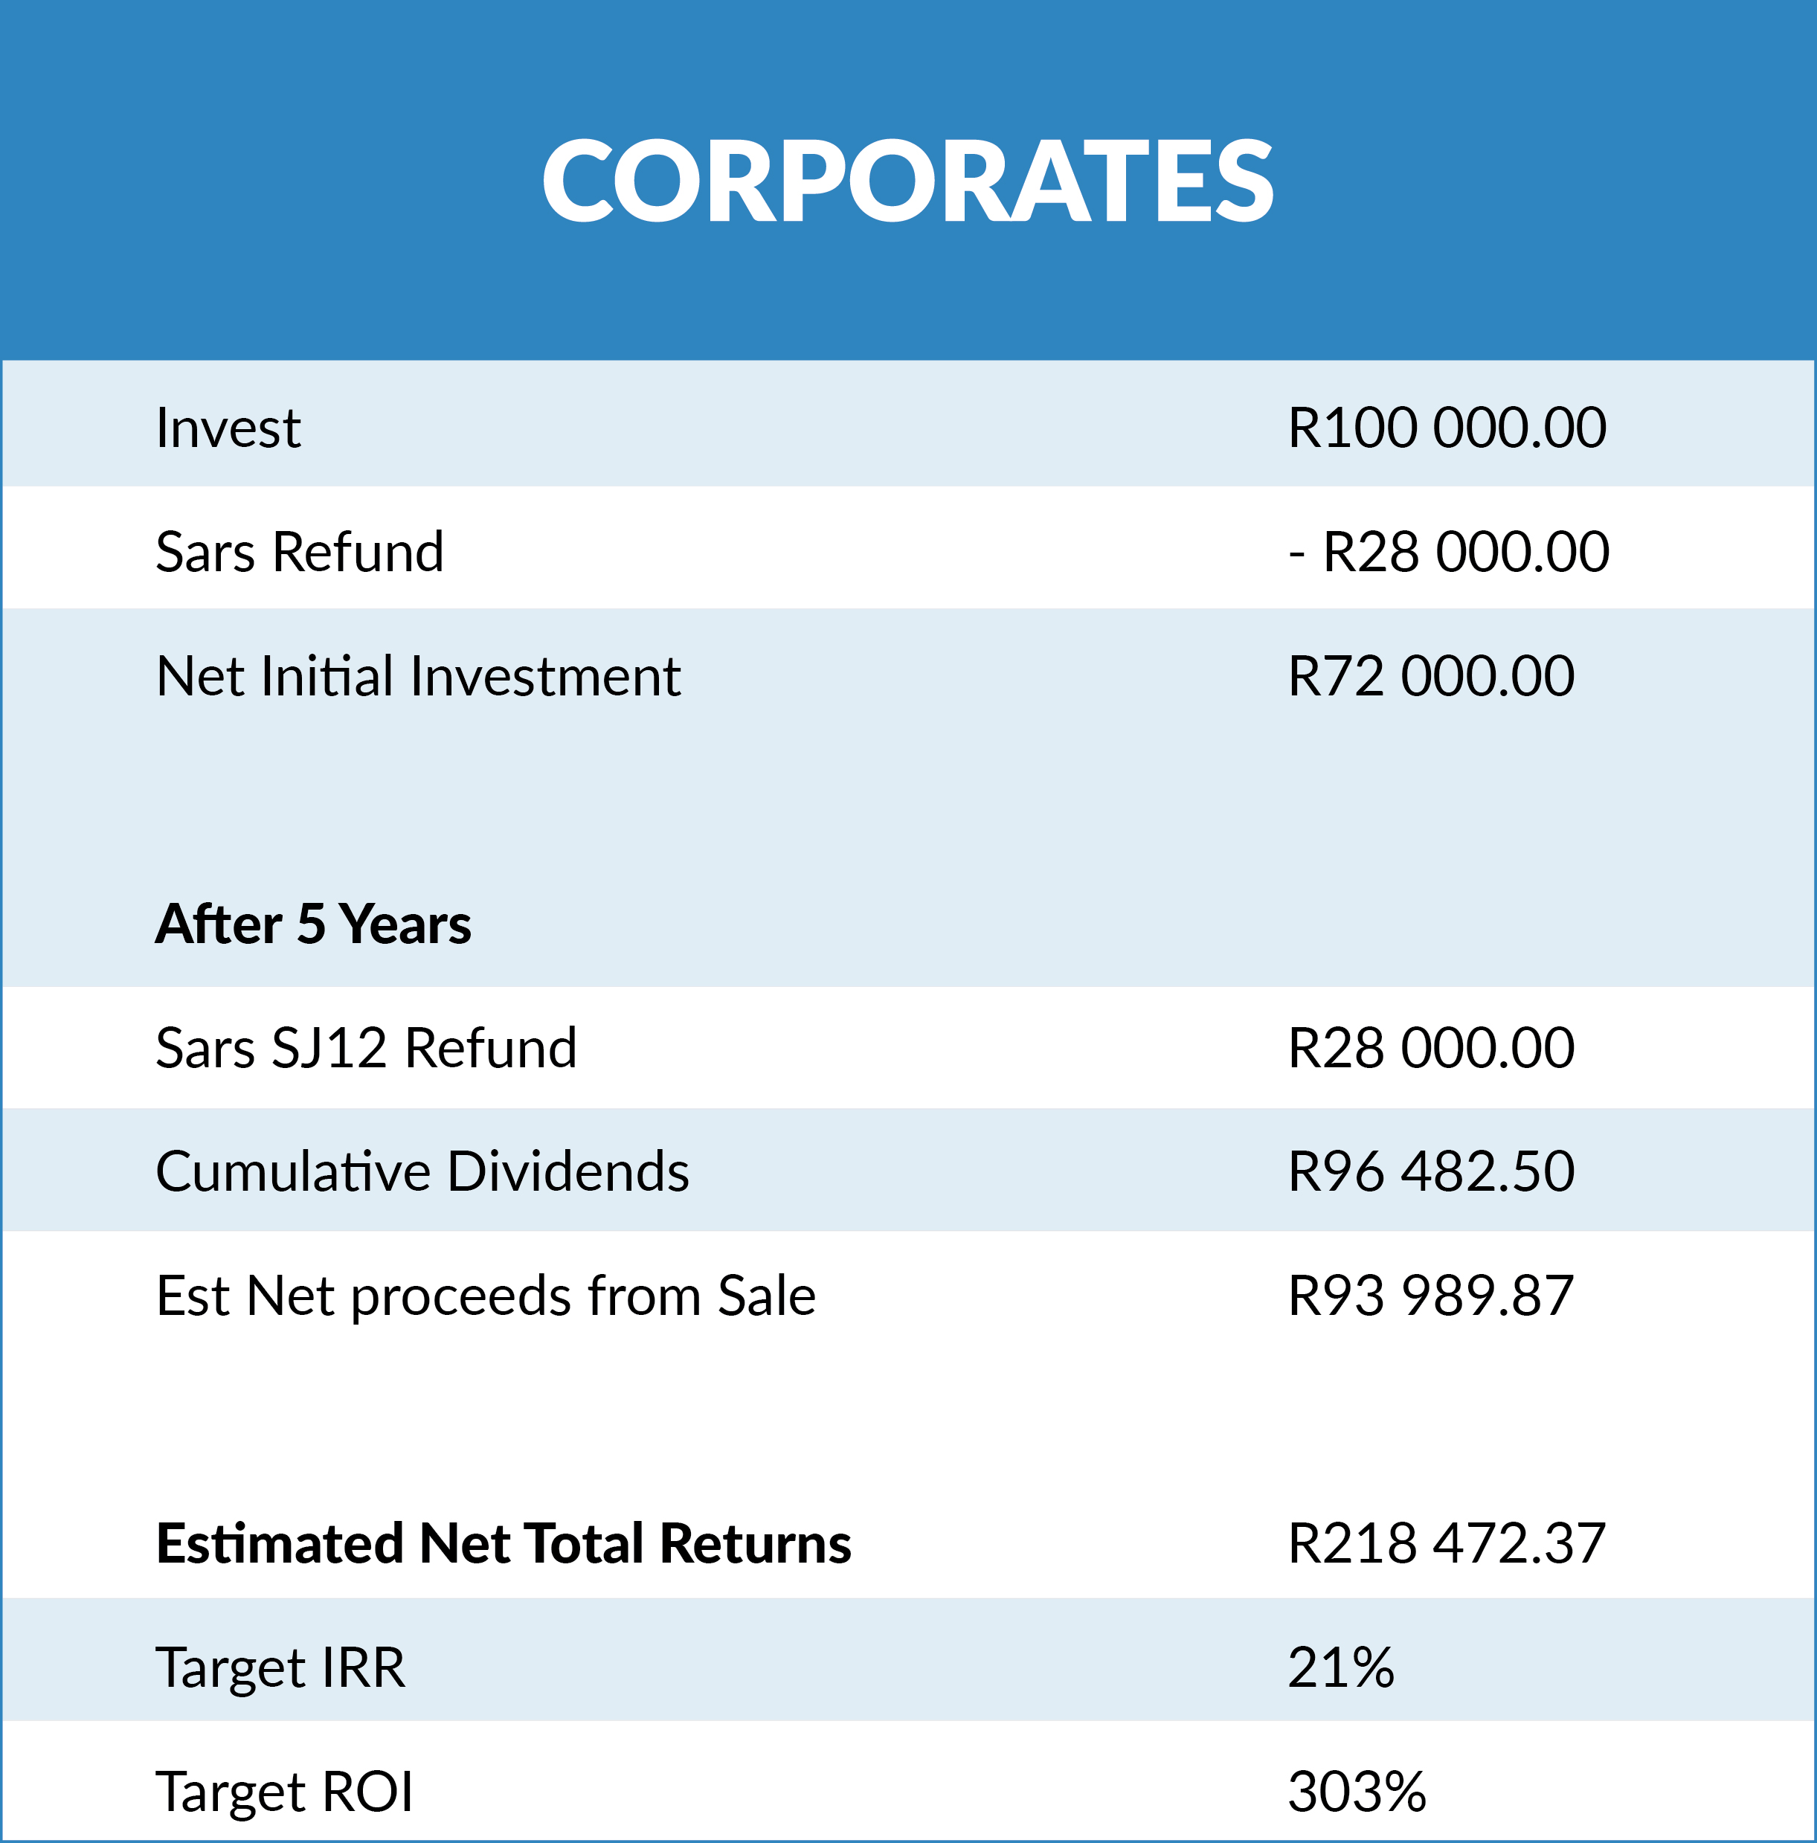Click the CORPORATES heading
908,179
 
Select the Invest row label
228,428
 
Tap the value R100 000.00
1447,428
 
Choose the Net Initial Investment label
419,676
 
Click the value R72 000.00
1431,676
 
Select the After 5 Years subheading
314,924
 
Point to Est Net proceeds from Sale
486,1296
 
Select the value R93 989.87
1431,1296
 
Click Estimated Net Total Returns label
504,1543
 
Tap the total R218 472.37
1447,1543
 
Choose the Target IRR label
280,1668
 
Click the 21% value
1341,1667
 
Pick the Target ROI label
284,1792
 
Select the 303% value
1357,1792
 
